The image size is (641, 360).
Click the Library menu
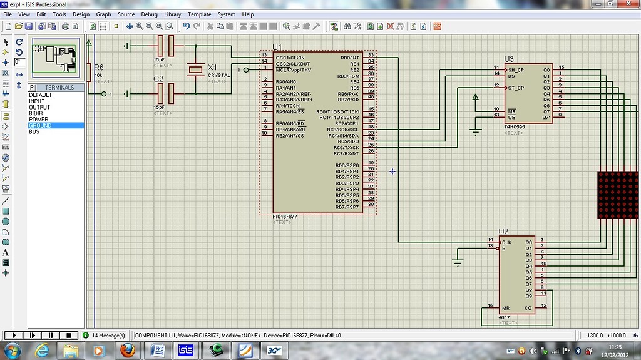172,14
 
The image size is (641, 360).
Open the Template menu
199,14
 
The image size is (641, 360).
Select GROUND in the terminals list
40,126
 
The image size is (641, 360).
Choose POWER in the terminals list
38,120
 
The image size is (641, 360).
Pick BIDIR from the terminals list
36,113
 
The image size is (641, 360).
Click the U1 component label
277,48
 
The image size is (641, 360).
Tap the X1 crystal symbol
196,69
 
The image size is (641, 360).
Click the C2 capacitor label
158,78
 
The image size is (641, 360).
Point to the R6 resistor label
99,68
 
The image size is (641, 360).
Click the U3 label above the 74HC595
508,59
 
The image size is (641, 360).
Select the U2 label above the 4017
503,232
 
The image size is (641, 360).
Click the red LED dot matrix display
618,194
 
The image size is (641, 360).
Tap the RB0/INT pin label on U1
349,58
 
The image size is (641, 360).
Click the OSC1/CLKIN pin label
290,58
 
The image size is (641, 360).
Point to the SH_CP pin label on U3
516,69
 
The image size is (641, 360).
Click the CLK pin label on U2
507,242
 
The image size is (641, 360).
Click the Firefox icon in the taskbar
128,350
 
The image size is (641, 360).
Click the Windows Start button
13,350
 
